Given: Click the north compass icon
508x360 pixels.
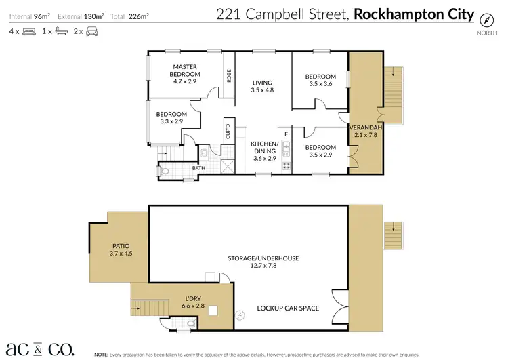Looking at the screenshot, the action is pyautogui.click(x=486, y=18).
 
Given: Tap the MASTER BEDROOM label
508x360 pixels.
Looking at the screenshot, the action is pyautogui.click(x=184, y=71).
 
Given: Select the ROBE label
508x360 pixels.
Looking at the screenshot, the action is pyautogui.click(x=230, y=76).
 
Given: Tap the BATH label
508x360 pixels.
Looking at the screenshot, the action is pyautogui.click(x=198, y=168).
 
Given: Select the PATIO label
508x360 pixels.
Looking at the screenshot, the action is pyautogui.click(x=119, y=246).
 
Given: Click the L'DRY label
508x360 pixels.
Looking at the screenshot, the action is pyautogui.click(x=194, y=298).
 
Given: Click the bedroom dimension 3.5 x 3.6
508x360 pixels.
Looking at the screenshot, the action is pyautogui.click(x=320, y=84).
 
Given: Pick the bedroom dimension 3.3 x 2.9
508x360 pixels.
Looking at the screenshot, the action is pyautogui.click(x=172, y=121).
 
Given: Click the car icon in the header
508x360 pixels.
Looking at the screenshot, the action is pyautogui.click(x=91, y=31).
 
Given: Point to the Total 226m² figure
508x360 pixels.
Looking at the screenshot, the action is pyautogui.click(x=133, y=14).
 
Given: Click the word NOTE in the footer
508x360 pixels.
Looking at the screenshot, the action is pyautogui.click(x=101, y=355).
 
